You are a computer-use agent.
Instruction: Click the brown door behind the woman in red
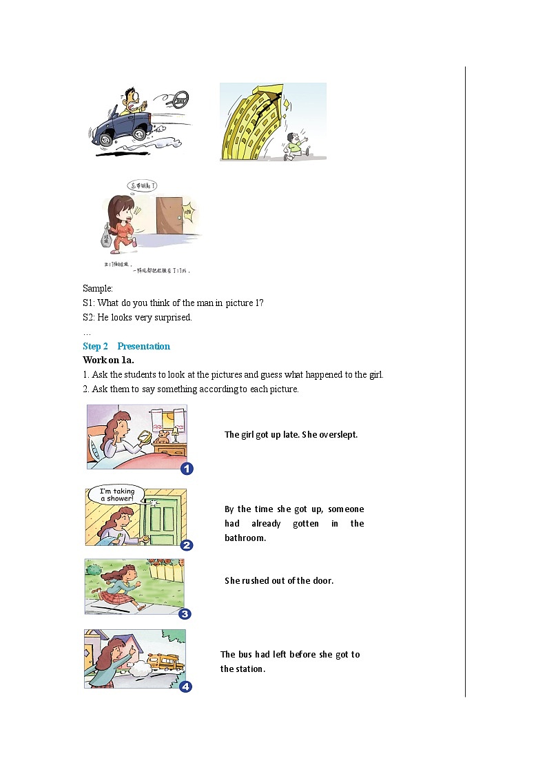(169, 221)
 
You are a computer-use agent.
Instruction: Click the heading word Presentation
(143, 346)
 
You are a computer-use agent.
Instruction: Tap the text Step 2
(96, 346)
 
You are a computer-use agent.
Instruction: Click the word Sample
(97, 288)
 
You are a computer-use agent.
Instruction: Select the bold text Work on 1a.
(108, 360)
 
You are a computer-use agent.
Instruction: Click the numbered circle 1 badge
(187, 469)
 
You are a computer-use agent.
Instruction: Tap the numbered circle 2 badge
(186, 545)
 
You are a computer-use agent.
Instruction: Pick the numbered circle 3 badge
(185, 614)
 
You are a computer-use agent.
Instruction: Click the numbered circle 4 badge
(185, 686)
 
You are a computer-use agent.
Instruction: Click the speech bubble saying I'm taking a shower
(117, 494)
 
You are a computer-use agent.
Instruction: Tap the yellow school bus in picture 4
(166, 663)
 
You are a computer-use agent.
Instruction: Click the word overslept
(338, 435)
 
